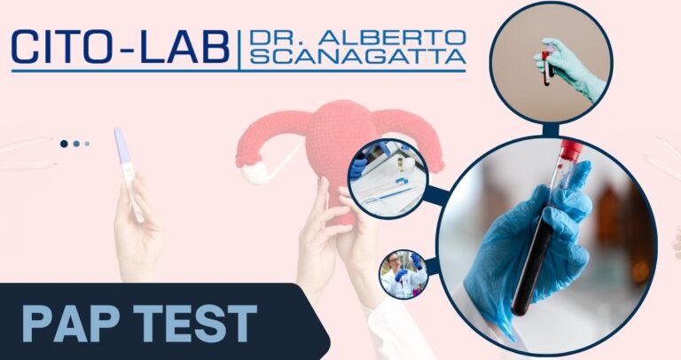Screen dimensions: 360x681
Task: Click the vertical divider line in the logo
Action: click(x=239, y=48)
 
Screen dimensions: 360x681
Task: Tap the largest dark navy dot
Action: click(x=64, y=143)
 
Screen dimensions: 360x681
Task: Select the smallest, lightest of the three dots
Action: click(x=87, y=143)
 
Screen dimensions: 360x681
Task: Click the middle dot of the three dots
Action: click(x=76, y=143)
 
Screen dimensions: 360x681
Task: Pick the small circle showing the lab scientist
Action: click(x=404, y=274)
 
